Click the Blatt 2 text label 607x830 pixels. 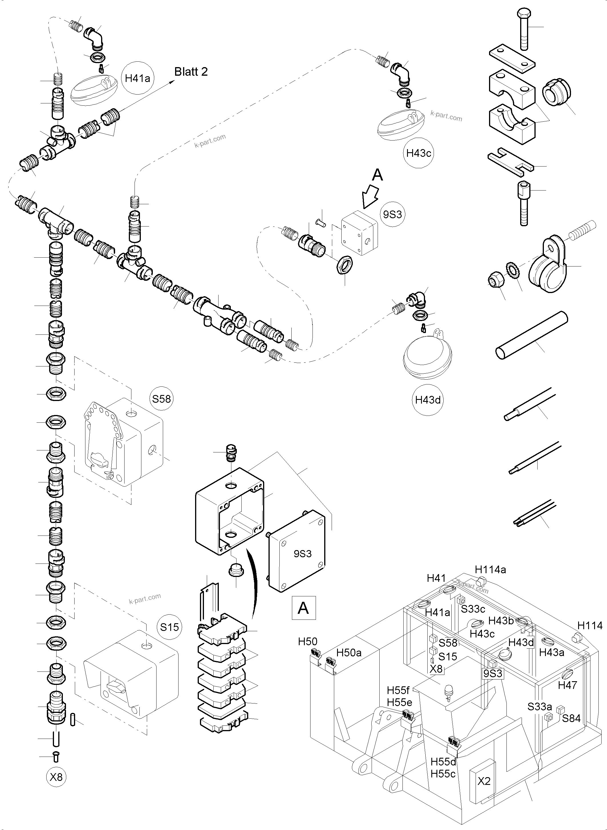pyautogui.click(x=191, y=71)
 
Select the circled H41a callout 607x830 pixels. pyautogui.click(x=137, y=78)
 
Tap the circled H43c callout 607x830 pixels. pyautogui.click(x=418, y=153)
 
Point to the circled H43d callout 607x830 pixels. pyautogui.click(x=427, y=400)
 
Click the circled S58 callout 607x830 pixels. pyautogui.click(x=161, y=399)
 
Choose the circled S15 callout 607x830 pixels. pyautogui.click(x=169, y=627)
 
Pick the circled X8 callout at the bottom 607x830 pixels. pyautogui.click(x=56, y=777)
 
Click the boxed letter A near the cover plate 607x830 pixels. pyautogui.click(x=303, y=608)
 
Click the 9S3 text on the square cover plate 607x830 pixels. pyautogui.click(x=303, y=554)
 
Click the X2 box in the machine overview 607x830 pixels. pyautogui.click(x=484, y=781)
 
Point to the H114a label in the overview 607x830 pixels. pyautogui.click(x=490, y=570)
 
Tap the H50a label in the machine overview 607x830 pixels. pyautogui.click(x=349, y=653)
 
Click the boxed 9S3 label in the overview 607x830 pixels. pyautogui.click(x=492, y=673)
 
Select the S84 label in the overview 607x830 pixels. pyautogui.click(x=571, y=718)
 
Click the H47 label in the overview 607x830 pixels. pyautogui.click(x=567, y=685)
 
